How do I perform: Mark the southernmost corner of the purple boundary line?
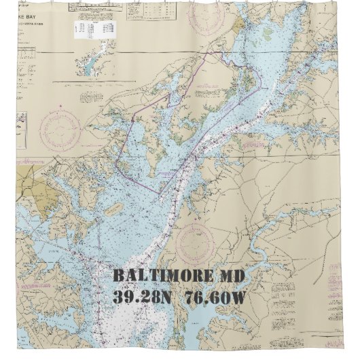pyautogui.click(x=160, y=193)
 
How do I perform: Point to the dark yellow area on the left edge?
pyautogui.click(x=27, y=183)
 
